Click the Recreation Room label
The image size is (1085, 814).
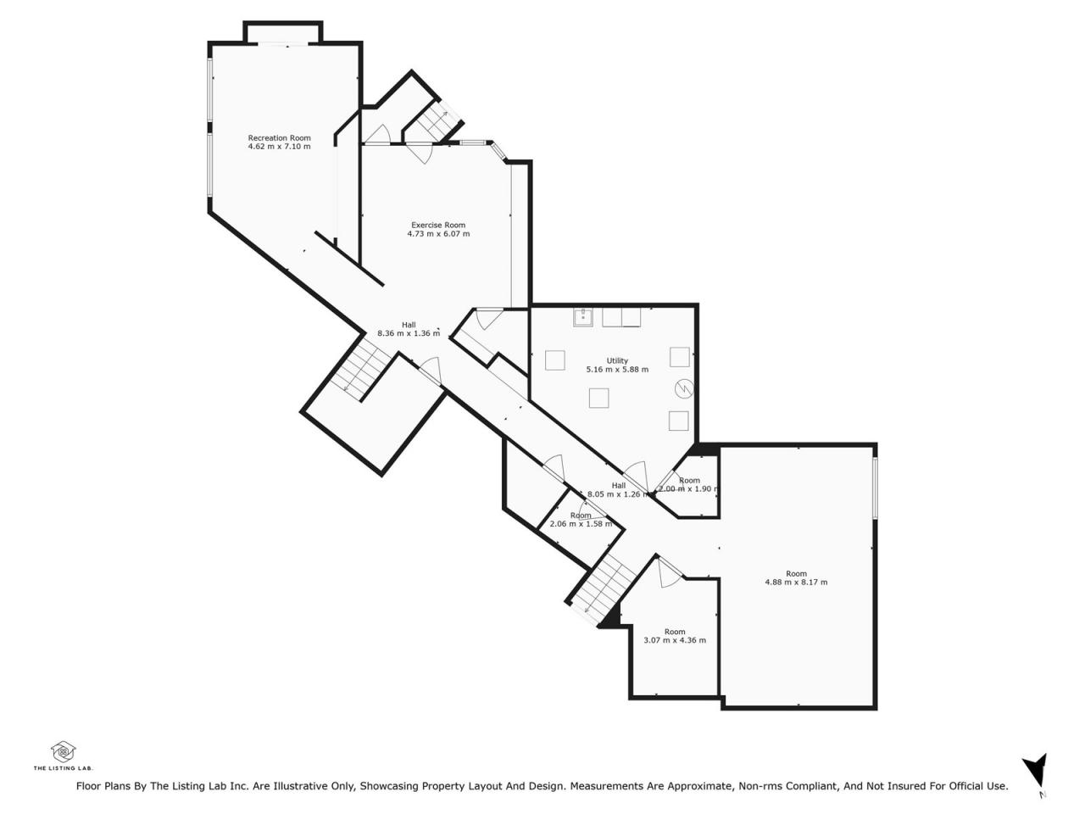click(279, 138)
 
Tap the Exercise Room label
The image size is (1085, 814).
click(438, 225)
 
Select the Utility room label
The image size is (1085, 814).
click(617, 361)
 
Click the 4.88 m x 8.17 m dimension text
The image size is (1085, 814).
click(796, 583)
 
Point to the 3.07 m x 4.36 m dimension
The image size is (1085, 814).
click(674, 640)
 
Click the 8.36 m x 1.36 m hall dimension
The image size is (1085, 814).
click(409, 333)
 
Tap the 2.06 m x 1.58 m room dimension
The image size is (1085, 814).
click(581, 524)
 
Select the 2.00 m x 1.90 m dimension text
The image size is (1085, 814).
click(688, 488)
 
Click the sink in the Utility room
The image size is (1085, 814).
click(583, 317)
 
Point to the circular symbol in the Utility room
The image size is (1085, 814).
click(684, 388)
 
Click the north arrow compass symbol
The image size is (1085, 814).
click(1035, 774)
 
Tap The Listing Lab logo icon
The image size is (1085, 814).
click(64, 752)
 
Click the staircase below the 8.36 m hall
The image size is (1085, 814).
click(360, 366)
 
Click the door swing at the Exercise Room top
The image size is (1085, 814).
click(420, 153)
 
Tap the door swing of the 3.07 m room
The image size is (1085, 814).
click(669, 572)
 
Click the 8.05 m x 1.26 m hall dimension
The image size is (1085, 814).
click(618, 493)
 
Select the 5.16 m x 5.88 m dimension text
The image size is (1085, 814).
click(617, 369)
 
